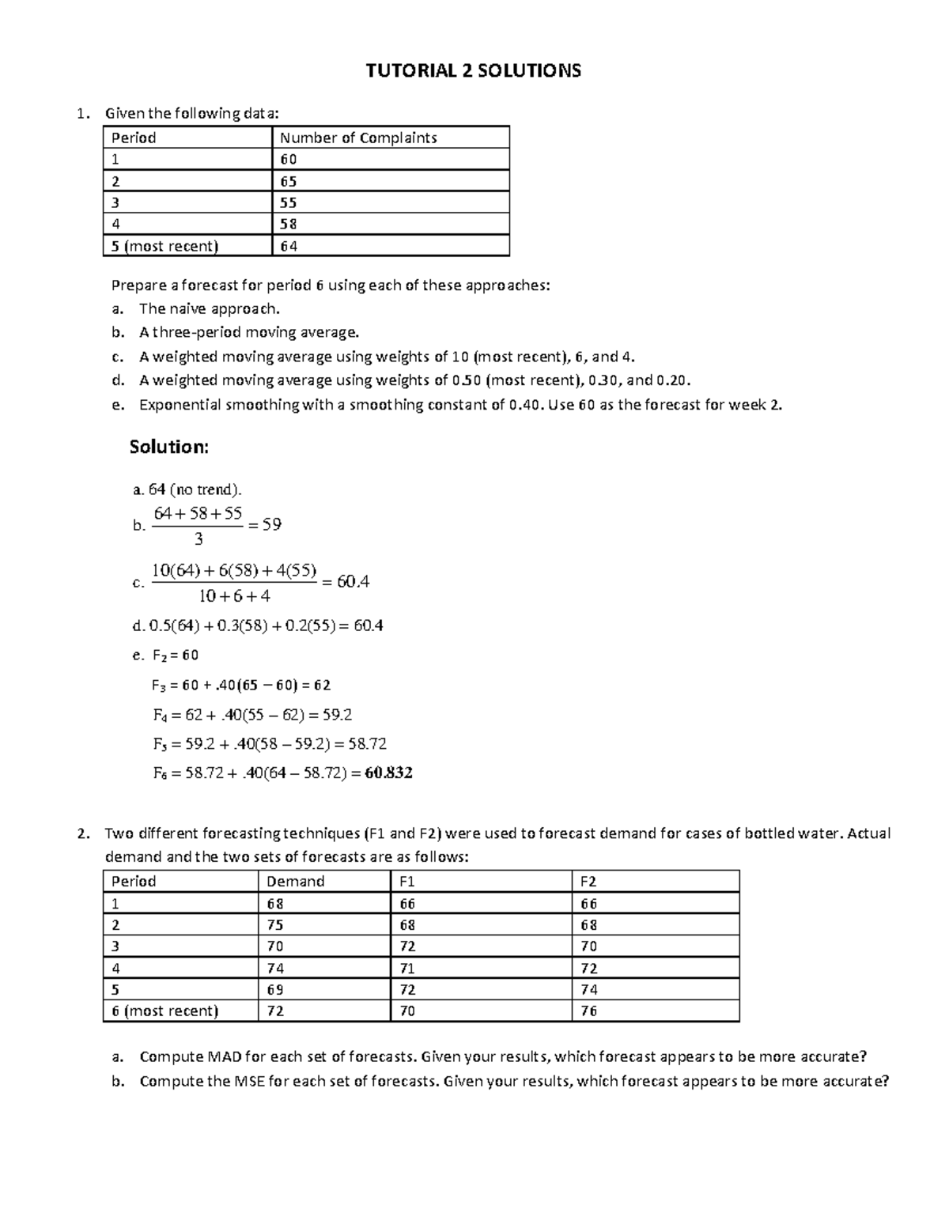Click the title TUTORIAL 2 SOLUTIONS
point(473,71)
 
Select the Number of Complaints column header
point(358,138)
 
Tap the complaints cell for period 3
point(289,202)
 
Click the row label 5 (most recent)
point(164,246)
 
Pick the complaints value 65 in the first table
point(289,181)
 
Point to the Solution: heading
point(168,447)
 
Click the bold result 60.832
point(388,773)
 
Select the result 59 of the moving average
point(271,524)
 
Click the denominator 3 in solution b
point(198,539)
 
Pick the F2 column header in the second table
point(588,881)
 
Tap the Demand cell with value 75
point(275,924)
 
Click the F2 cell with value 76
point(588,1011)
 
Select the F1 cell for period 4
point(407,968)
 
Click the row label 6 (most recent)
point(164,1011)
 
